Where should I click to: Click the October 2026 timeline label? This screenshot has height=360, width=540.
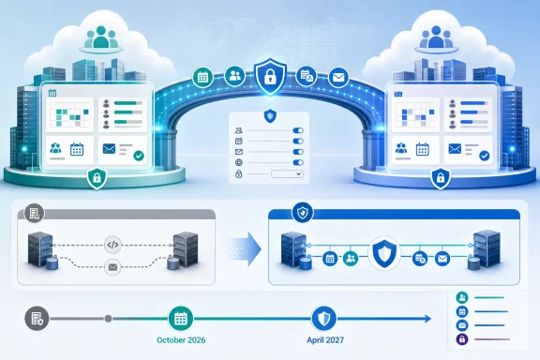[x=181, y=340]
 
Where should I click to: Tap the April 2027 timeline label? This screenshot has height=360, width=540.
[x=325, y=340]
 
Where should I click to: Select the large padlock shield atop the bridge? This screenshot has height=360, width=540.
[x=270, y=77]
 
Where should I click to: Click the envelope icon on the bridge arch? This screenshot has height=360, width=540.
[x=338, y=77]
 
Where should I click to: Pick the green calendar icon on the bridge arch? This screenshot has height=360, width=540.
[x=202, y=77]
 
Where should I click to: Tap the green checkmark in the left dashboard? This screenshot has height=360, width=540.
[x=139, y=156]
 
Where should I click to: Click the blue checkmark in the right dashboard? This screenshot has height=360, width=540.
[x=484, y=156]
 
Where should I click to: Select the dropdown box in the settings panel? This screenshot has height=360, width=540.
[x=287, y=174]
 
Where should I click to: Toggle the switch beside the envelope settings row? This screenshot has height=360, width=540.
[x=298, y=152]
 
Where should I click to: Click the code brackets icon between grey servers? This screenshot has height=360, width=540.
[x=112, y=245]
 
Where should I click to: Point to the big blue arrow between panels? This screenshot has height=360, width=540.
[x=246, y=248]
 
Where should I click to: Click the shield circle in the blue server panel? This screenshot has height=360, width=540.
[x=384, y=253]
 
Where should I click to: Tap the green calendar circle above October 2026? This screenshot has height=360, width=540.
[x=181, y=319]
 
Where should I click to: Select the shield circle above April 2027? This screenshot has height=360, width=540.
[x=324, y=319]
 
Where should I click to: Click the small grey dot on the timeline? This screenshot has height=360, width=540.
[x=108, y=319]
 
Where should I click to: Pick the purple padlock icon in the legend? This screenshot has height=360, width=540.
[x=462, y=339]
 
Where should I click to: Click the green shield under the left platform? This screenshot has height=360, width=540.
[x=97, y=178]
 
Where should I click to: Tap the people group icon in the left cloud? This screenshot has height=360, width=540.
[x=101, y=37]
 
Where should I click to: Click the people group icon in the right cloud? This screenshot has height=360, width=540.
[x=436, y=37]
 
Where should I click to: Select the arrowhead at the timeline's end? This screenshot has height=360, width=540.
[x=427, y=319]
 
